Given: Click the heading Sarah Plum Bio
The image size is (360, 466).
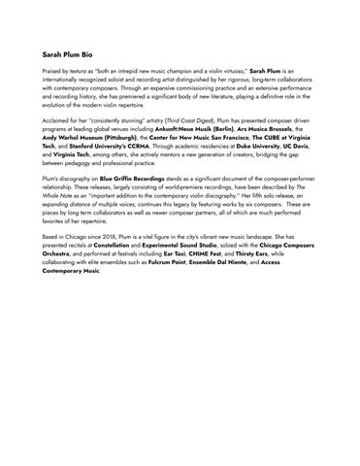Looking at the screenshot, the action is pos(74,57).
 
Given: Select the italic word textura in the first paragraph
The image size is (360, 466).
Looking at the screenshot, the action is pos(82,73).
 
